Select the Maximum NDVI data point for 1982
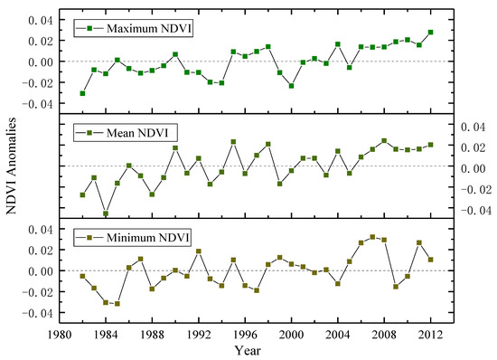click(x=83, y=93)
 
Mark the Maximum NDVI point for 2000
click(x=291, y=86)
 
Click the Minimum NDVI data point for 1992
click(x=199, y=251)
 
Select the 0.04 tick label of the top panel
click(x=41, y=20)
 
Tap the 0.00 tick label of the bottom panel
click(x=41, y=271)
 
